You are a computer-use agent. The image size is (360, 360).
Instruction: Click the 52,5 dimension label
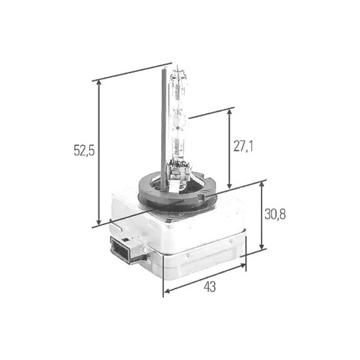84,151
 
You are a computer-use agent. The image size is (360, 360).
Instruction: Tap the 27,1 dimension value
243,146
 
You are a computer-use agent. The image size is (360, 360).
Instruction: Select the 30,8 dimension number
275,214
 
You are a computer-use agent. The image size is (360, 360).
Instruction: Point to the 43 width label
209,287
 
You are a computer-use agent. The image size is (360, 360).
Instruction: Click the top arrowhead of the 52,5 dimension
99,83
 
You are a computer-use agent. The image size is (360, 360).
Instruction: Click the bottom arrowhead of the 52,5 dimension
99,222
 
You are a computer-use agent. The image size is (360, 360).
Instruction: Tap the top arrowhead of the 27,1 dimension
229,113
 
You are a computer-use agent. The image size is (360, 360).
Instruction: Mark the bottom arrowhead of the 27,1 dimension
229,185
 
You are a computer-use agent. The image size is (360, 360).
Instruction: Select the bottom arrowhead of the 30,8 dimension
262,246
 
